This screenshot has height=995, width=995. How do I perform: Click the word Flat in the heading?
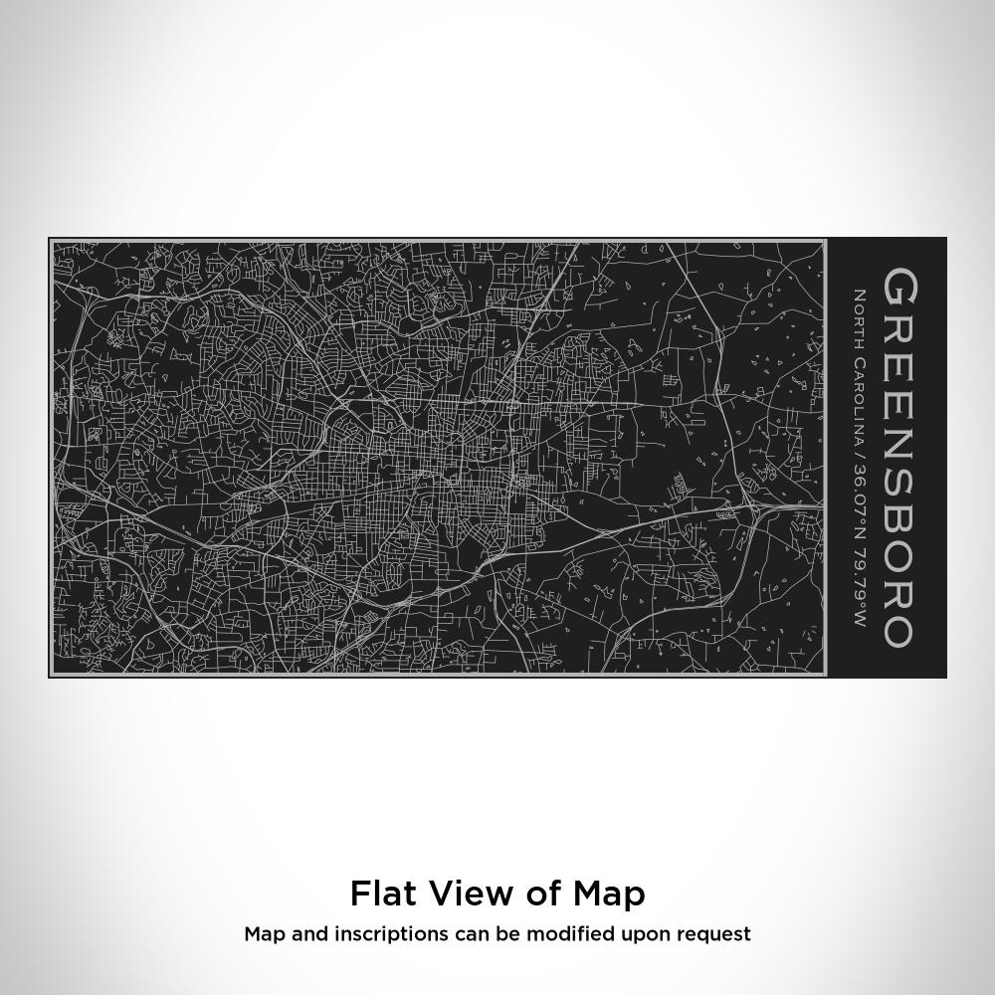click(382, 894)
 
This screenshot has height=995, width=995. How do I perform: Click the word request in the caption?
click(713, 935)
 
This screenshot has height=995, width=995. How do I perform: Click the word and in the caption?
click(298, 934)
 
